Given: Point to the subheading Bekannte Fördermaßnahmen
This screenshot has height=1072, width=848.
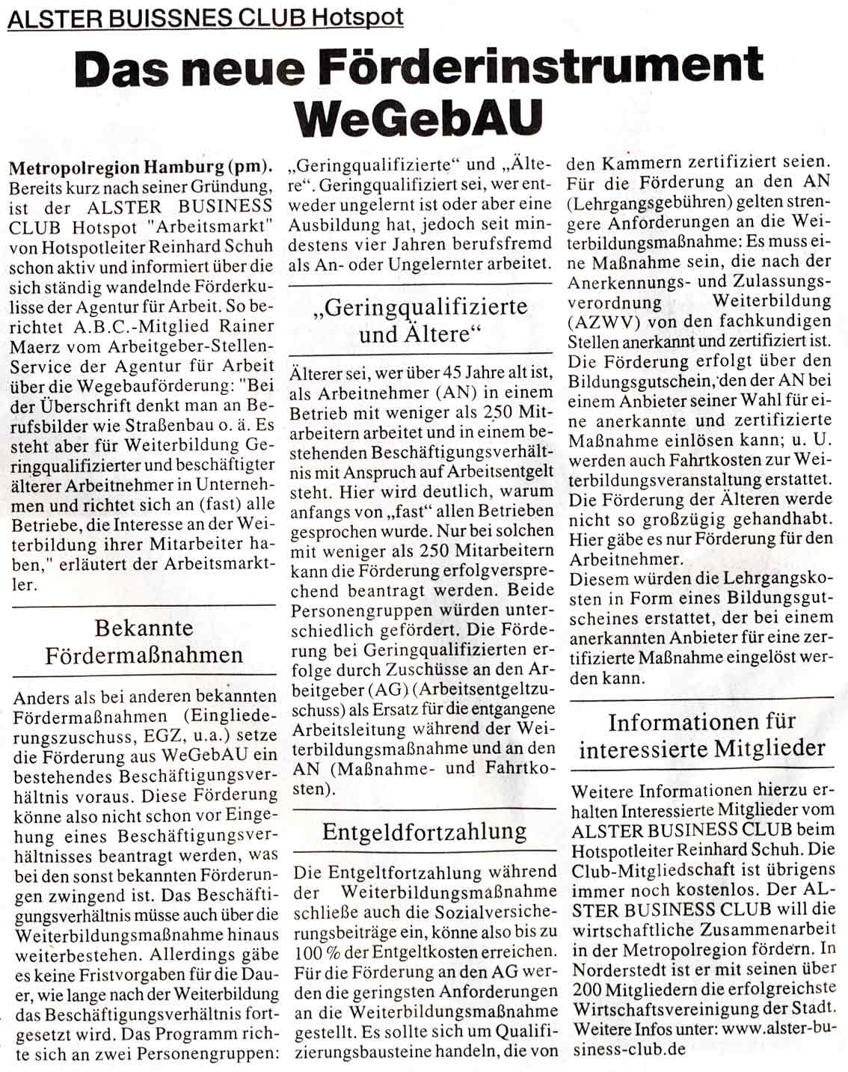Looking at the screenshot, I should point(144,641).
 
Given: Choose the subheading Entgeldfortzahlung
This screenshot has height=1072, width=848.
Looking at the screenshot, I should point(424,831).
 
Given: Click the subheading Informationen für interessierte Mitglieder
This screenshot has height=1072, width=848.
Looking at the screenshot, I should point(701,735).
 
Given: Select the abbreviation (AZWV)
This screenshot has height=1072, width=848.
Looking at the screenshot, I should point(603,321).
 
